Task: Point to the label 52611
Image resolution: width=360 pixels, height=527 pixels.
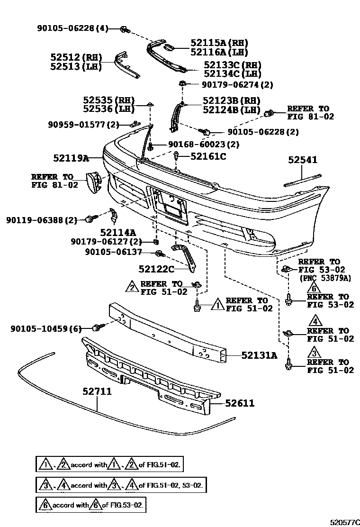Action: [x=240, y=403]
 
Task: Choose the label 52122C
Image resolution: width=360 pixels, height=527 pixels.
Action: [x=156, y=269]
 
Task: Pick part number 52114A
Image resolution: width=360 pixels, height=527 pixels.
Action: [x=117, y=232]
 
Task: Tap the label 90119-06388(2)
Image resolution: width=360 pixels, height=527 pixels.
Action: [x=41, y=220]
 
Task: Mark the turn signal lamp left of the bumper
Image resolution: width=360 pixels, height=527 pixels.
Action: [x=94, y=182]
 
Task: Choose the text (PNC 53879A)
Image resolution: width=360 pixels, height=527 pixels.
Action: [x=324, y=278]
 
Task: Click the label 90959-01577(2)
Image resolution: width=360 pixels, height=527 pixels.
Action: [x=83, y=125]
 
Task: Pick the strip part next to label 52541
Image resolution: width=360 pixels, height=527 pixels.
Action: [x=302, y=180]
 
